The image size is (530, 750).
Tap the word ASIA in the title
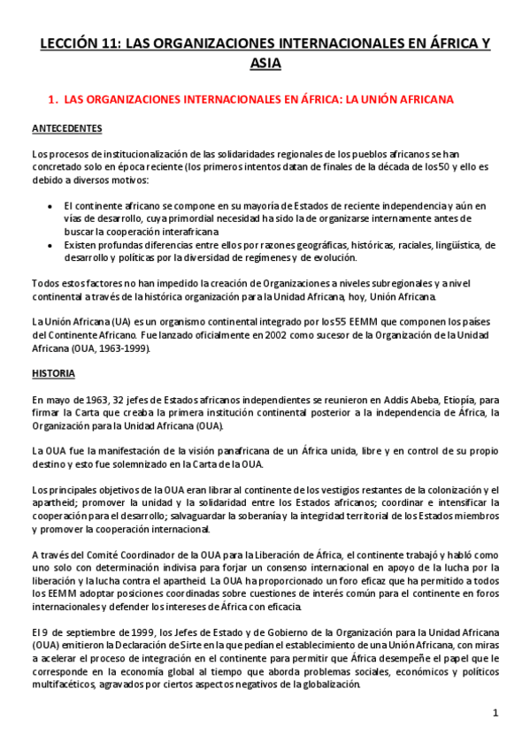tap(265, 64)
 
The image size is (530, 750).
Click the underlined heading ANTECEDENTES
tap(66, 129)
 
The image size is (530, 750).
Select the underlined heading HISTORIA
tap(52, 373)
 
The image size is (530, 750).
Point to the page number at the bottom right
tap(496, 712)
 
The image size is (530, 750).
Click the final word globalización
tap(324, 685)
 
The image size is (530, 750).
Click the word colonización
tap(446, 489)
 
